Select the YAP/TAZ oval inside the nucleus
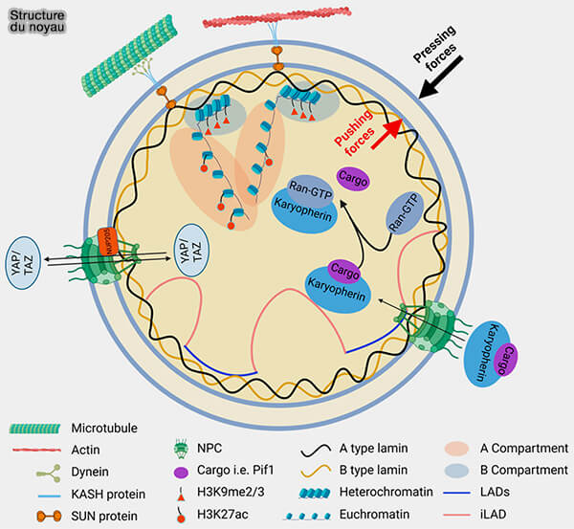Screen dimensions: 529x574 click(192, 255)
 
